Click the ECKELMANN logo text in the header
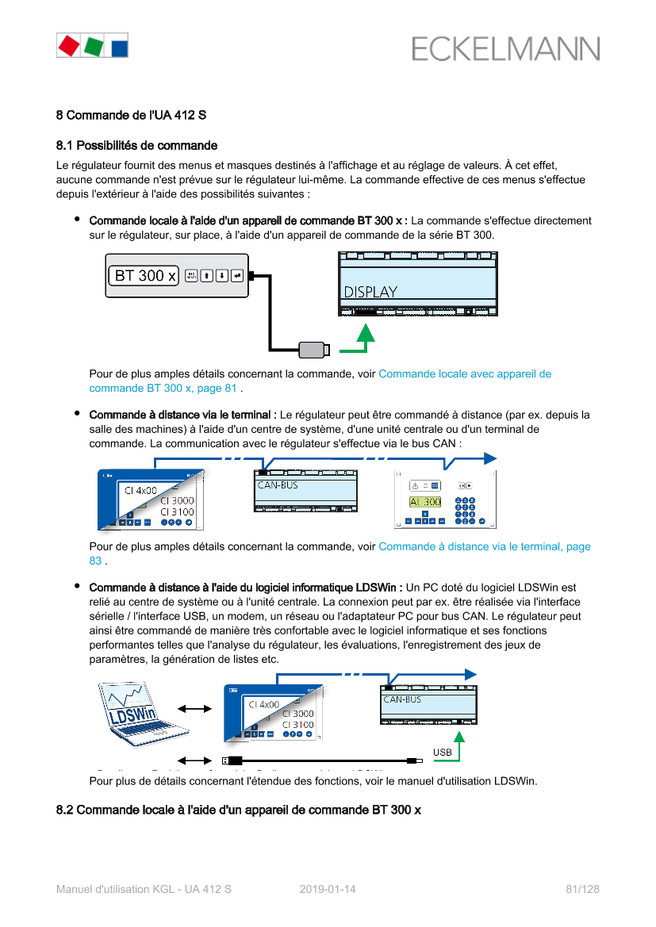pos(505,49)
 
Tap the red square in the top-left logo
pos(68,45)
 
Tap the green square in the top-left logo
pos(94,45)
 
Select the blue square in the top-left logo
pos(118,46)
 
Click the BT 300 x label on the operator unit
pos(145,276)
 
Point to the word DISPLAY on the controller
pos(370,292)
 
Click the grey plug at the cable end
pos(313,349)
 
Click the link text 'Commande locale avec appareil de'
pos(465,373)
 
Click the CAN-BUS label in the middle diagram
pos(278,485)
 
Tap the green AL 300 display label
pos(425,502)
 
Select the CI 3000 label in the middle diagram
pos(177,500)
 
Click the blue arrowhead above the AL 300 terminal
pos(490,458)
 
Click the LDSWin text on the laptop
pos(129,716)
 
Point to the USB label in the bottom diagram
pos(443,751)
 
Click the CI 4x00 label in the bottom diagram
pos(263,704)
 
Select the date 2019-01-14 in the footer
pos(328,889)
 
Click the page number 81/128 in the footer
pos(582,889)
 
